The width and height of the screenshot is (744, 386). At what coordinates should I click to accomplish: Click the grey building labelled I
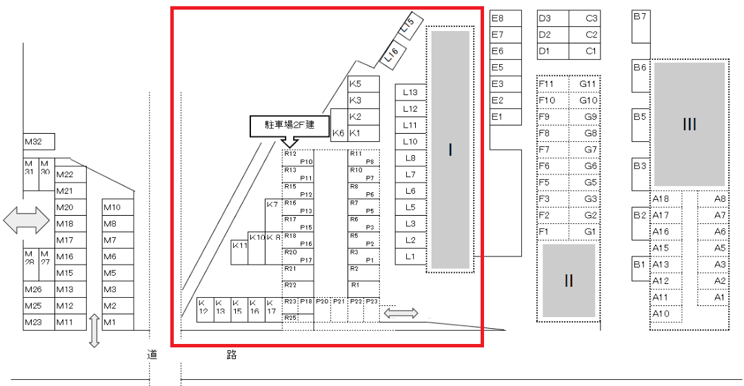point(450,150)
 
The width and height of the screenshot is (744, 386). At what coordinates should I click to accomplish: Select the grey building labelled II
point(569,281)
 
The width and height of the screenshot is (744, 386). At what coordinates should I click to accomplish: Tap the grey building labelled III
point(690,124)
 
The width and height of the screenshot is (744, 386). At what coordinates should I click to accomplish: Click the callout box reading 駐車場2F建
point(290,125)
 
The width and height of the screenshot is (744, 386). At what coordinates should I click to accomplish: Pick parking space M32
point(39,142)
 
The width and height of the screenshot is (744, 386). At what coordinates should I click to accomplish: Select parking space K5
point(363,84)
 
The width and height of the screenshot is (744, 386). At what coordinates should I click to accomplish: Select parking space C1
point(584,51)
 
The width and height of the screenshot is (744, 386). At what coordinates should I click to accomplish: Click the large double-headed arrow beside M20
point(26,221)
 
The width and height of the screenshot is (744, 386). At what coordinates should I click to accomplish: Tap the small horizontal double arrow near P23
point(401,314)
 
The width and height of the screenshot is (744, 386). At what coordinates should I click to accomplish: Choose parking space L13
point(411,92)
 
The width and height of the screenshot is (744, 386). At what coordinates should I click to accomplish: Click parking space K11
point(239,252)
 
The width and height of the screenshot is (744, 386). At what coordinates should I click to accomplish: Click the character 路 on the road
point(232,355)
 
